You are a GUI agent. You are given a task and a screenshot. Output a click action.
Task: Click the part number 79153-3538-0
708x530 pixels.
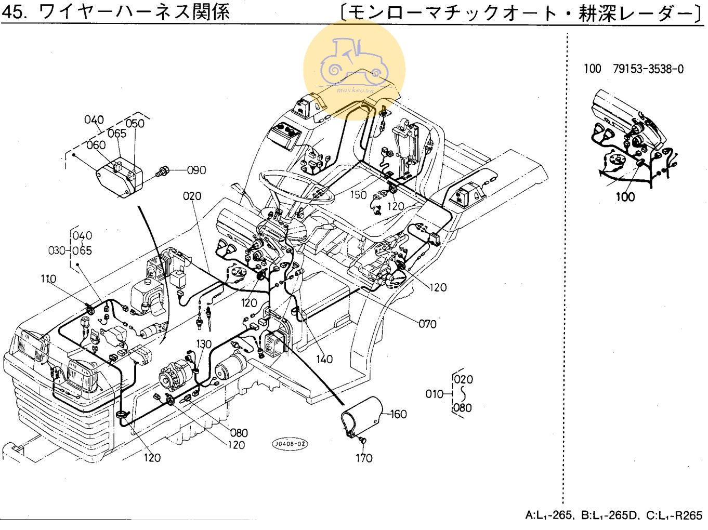pos(648,69)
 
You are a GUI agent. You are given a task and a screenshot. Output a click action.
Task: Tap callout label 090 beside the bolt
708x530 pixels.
pos(196,170)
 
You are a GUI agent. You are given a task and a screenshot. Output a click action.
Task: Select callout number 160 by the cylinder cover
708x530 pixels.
pos(398,414)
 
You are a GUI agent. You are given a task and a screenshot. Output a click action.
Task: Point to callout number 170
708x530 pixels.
pos(364,458)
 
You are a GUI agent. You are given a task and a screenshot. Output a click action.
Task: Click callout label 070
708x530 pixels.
pos(427,324)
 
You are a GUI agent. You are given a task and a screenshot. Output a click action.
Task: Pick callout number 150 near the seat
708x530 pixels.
pos(358,195)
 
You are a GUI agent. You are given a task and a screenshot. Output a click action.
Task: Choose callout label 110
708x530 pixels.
pos(48,279)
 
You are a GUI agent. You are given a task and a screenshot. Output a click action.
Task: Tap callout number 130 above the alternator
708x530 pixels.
pos(204,344)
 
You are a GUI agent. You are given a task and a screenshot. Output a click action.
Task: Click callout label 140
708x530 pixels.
pos(324,359)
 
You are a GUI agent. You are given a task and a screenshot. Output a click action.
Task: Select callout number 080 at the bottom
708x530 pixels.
pos(239,433)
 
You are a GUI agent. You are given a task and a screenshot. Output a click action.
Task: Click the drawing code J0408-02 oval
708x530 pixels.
pos(290,444)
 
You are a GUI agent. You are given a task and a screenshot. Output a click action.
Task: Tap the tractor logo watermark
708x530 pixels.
pos(354,69)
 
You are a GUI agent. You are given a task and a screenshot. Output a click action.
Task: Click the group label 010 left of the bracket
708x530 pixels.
pos(435,394)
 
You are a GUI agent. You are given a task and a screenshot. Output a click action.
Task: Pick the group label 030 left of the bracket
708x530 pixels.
pos(57,250)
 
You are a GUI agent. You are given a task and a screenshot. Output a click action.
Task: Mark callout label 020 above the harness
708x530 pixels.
pos(192,196)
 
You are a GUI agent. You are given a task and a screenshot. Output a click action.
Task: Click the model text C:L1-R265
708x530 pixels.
pos(674,515)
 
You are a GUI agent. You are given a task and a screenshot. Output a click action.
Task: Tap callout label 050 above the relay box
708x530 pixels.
pos(135,124)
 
